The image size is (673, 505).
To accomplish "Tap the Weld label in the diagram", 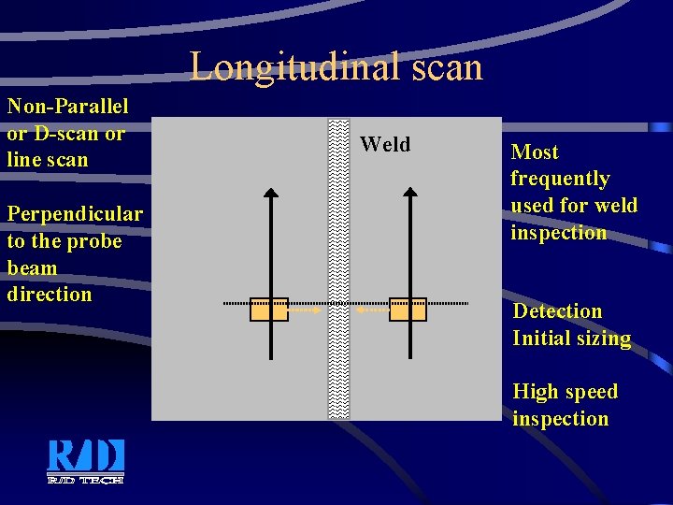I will pyautogui.click(x=385, y=144).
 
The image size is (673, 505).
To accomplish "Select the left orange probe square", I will pyautogui.click(x=269, y=310).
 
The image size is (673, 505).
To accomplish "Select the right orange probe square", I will pyautogui.click(x=408, y=310).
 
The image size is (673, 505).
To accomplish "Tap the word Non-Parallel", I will pyautogui.click(x=67, y=107).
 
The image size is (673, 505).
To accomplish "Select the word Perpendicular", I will pyautogui.click(x=75, y=214).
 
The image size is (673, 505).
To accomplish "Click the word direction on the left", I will pyautogui.click(x=50, y=294).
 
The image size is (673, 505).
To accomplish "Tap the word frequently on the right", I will pyautogui.click(x=560, y=179).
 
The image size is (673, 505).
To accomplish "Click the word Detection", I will pyautogui.click(x=557, y=310).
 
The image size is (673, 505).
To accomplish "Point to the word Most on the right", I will pyautogui.click(x=535, y=152).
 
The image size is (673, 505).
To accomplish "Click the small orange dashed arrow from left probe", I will pyautogui.click(x=304, y=310).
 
